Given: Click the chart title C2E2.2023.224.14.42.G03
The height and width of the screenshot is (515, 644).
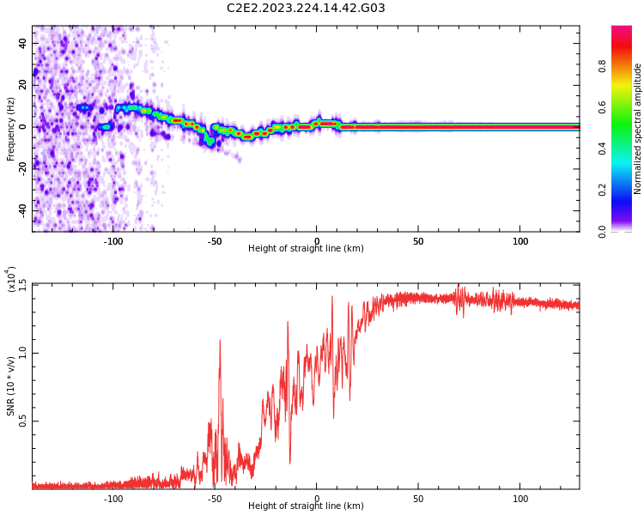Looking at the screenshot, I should pos(306,9).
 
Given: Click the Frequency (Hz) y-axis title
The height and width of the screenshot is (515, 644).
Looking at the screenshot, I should pos(11,129).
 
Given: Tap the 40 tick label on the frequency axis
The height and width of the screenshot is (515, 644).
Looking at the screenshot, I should pos(22,43).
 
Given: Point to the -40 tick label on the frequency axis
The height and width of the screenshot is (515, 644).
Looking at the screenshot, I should pos(21,209).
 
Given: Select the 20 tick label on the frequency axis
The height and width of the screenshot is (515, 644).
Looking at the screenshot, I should pos(22,85).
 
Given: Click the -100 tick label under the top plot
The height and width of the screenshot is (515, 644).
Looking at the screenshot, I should pos(113,241).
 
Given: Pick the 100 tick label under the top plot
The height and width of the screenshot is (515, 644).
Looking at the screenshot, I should pos(520,241).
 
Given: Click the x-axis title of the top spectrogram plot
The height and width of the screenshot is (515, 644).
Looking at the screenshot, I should pos(306,249).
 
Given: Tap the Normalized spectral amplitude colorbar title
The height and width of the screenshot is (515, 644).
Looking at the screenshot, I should pos(638,129).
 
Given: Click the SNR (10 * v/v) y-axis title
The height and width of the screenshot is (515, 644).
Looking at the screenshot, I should pos(11,386).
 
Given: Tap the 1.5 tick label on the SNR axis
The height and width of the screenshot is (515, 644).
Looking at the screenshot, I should pos(22,285).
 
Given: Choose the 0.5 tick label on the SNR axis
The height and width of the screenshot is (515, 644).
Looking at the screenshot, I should pos(22,421).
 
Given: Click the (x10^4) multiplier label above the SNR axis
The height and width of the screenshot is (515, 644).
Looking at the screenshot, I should pos(11,280).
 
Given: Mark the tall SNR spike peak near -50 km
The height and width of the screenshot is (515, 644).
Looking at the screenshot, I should pos(220,341).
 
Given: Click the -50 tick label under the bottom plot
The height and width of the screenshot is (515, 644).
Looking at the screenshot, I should pos(215,499).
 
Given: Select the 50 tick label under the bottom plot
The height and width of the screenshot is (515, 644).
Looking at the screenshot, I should pos(418,499).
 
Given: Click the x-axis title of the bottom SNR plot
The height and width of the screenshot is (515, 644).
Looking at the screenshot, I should pos(306,506).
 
